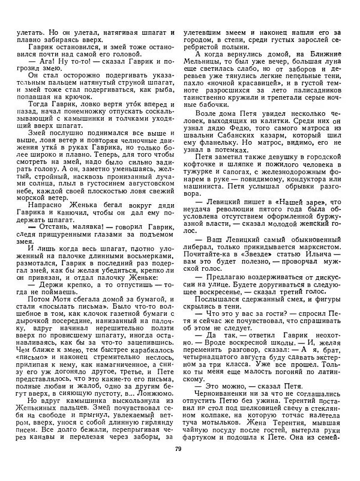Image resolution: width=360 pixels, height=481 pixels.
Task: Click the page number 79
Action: coord(179,465)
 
